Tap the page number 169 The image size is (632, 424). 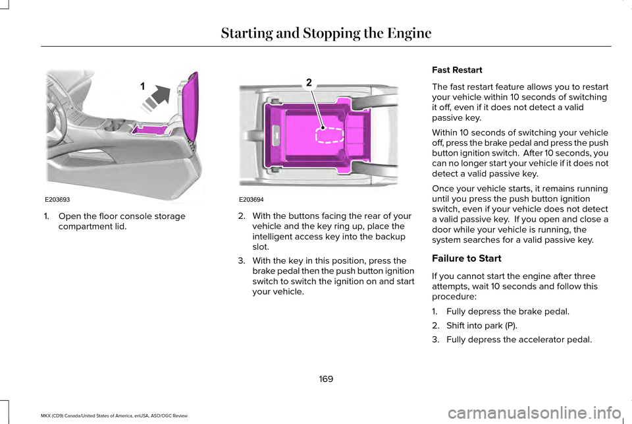pyautogui.click(x=326, y=379)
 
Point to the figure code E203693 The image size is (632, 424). pyautogui.click(x=58, y=198)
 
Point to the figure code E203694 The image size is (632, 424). pyautogui.click(x=252, y=198)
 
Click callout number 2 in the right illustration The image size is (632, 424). pyautogui.click(x=307, y=82)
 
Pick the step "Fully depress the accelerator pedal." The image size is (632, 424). pyautogui.click(x=519, y=340)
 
